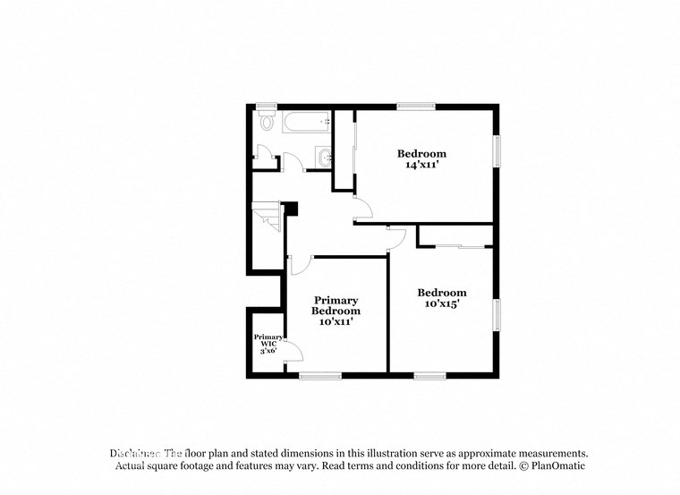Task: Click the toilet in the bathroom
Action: [266, 122]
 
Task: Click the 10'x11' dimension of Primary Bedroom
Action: [336, 322]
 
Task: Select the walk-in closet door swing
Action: [291, 352]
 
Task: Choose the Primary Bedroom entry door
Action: [300, 265]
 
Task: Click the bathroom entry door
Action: [292, 162]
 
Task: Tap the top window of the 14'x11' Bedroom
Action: [416, 107]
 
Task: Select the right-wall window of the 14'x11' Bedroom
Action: [496, 150]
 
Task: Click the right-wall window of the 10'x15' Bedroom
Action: [496, 315]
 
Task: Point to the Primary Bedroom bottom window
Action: [320, 375]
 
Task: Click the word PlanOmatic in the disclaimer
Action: [558, 466]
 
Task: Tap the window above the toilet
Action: [266, 107]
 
